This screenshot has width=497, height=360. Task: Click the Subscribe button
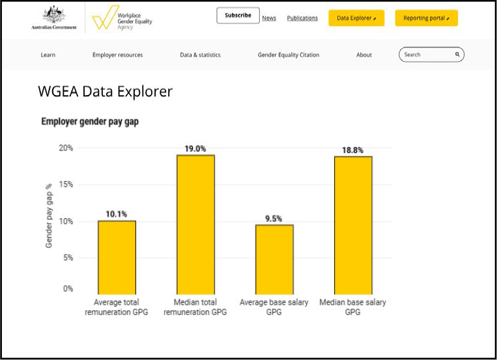(x=238, y=16)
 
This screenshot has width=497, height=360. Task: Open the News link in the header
(x=269, y=18)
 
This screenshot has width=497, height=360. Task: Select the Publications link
(x=302, y=18)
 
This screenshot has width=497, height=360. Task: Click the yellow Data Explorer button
(x=356, y=18)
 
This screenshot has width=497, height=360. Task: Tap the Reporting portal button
(x=426, y=18)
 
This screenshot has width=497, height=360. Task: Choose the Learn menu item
(x=48, y=55)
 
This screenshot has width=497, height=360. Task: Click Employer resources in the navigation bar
(x=117, y=55)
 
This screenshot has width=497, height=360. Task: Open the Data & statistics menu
(x=200, y=55)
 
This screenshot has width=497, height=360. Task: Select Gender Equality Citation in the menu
(x=289, y=55)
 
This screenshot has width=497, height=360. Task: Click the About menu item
(x=364, y=55)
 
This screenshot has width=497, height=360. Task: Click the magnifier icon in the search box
(x=457, y=55)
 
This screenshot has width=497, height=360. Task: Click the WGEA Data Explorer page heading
(x=105, y=92)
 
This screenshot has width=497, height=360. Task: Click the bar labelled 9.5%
(x=274, y=259)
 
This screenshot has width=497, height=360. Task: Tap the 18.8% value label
(x=352, y=150)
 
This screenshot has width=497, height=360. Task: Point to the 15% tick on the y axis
(x=66, y=185)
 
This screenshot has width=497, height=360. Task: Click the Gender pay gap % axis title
(x=49, y=215)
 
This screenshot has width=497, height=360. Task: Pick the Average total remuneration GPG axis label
(x=117, y=307)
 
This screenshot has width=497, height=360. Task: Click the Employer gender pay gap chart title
(x=90, y=121)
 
